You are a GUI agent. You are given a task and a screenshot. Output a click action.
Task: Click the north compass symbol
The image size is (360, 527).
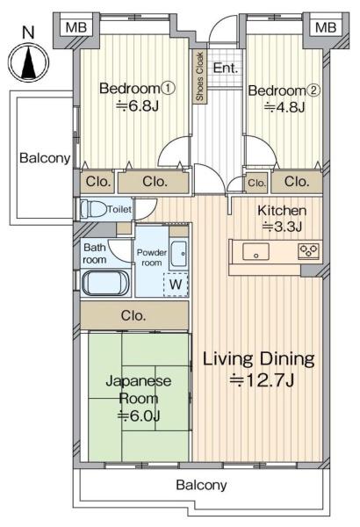[x=29, y=62]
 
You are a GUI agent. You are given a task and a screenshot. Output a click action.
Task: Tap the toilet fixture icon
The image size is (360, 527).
[x=93, y=209]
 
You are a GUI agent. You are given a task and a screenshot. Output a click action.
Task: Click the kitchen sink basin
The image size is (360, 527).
[x=256, y=252]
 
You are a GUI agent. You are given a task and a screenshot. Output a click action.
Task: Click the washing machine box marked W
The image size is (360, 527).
[x=176, y=285]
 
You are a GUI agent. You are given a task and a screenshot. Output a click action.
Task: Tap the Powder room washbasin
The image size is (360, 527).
[x=178, y=254]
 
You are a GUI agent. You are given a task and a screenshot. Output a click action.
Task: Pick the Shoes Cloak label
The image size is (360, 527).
[x=199, y=76]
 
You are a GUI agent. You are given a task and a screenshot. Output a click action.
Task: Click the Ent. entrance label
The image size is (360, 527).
[x=226, y=68]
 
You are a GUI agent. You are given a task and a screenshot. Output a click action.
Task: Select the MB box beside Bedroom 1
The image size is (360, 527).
[x=76, y=27]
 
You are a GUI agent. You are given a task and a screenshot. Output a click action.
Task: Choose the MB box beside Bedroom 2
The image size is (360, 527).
[x=326, y=27]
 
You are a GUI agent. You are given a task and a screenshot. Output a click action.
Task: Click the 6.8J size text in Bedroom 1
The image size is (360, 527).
[x=137, y=106]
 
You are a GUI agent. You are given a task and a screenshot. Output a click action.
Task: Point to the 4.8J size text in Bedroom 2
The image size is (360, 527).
[x=284, y=107]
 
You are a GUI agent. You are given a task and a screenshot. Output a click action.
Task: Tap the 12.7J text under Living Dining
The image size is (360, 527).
[x=262, y=380]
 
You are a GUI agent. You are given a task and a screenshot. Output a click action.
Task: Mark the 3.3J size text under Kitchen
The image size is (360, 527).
[x=282, y=227]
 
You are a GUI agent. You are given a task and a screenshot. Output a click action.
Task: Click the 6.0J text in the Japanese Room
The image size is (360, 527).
[x=138, y=415]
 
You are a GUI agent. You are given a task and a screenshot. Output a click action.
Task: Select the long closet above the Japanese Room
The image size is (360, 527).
[x=134, y=315]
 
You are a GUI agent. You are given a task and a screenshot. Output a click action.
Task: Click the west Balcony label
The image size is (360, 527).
[x=45, y=157]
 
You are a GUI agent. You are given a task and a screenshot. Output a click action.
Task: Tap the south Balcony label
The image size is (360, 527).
[x=201, y=485]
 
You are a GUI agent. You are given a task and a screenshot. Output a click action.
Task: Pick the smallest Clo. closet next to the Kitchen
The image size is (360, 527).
[x=256, y=183]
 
